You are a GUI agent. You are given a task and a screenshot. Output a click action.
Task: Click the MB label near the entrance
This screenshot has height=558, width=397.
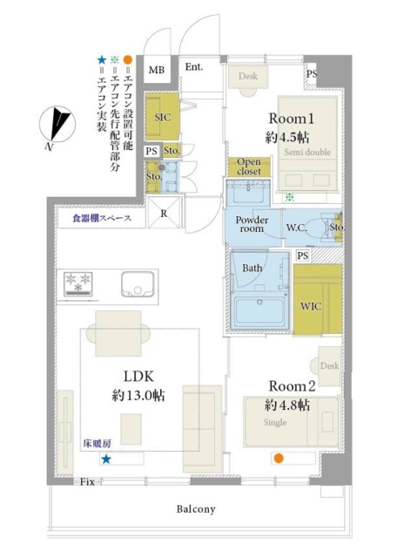pos(157,71)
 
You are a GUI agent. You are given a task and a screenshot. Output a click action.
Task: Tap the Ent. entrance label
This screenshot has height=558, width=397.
pos(192,66)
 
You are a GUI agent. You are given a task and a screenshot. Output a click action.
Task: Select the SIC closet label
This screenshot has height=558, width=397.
pos(161,116)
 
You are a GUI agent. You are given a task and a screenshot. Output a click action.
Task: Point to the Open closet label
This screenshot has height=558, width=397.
pos(249,167)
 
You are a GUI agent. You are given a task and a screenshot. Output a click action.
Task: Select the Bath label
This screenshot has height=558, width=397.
pos(252,268)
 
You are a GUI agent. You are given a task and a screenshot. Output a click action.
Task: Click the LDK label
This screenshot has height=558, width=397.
pos(138,377)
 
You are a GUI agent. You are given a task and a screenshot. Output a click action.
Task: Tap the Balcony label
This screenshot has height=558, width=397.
pos(197,508)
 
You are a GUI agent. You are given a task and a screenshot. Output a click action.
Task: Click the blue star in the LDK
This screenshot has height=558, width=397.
pos(106,459)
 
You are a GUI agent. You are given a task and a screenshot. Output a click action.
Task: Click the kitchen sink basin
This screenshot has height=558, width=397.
pos(138,283)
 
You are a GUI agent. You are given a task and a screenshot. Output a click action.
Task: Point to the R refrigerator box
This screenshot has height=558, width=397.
pos(164,211)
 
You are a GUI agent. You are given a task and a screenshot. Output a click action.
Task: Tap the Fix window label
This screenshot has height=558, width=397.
pos(86,481)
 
